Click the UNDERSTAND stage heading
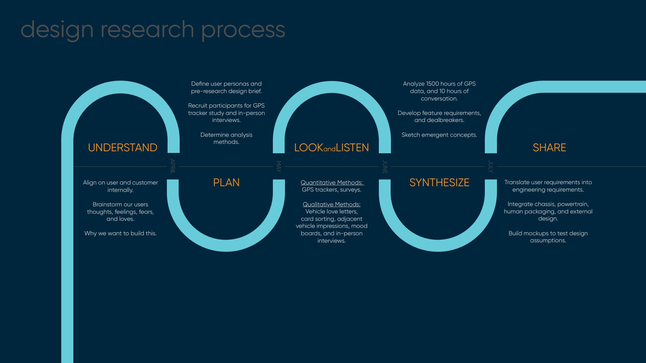122,148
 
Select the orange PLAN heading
226,183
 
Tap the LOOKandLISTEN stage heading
331,148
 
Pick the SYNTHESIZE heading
439,183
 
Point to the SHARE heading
549,148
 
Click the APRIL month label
173,166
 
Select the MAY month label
279,166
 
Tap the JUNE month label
385,166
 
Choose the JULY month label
491,166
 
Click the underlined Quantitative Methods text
332,183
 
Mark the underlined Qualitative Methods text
331,204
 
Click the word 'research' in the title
147,30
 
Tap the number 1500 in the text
434,84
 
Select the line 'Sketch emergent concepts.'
439,135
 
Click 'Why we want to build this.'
120,233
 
